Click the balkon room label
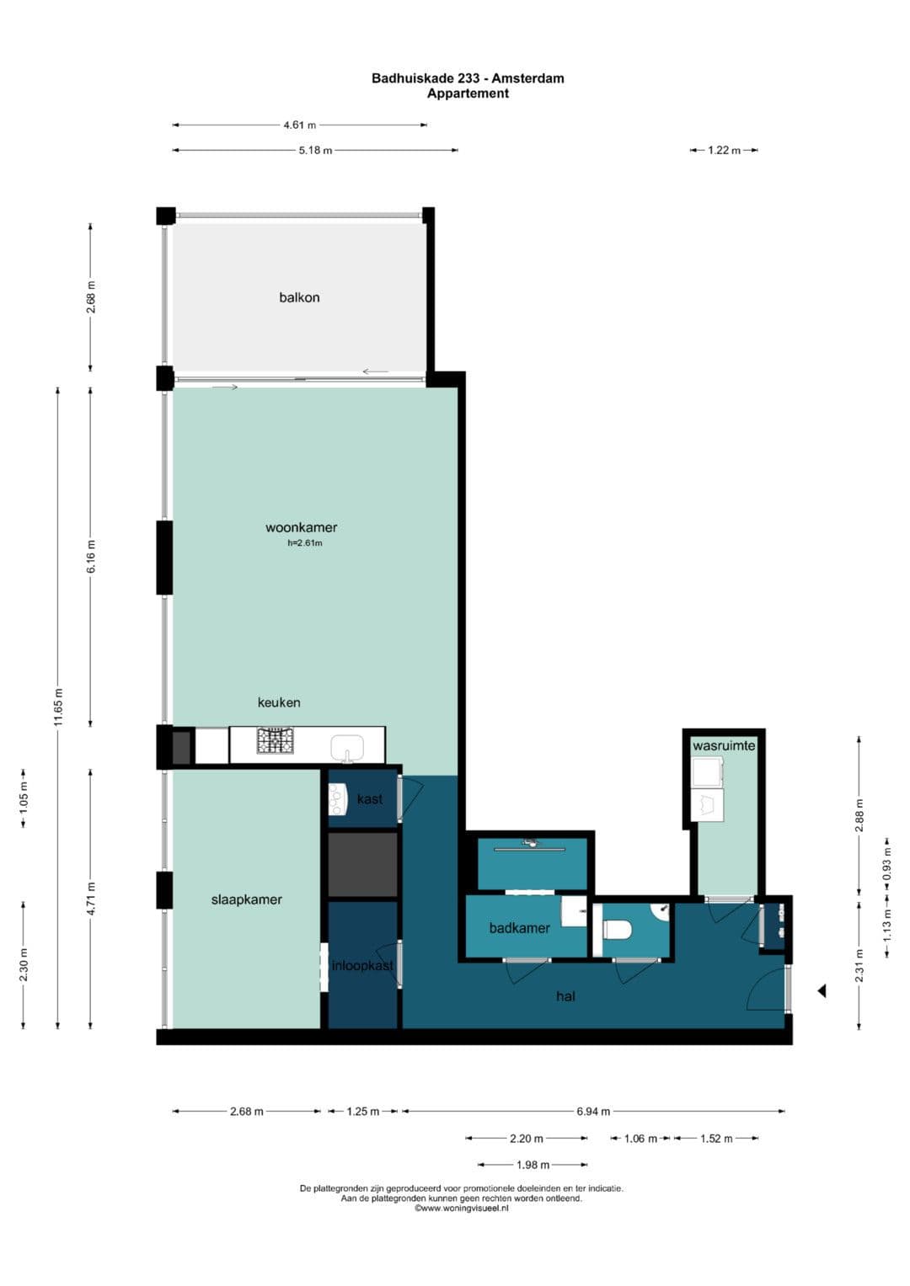click(299, 297)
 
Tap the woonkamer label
click(301, 527)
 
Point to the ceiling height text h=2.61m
click(304, 542)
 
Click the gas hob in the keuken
click(275, 740)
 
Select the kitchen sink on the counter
click(347, 748)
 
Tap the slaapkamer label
click(246, 899)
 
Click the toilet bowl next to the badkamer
click(617, 929)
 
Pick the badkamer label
click(519, 928)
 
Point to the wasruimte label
click(723, 746)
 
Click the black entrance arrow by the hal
click(822, 990)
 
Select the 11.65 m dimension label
click(59, 707)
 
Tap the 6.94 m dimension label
click(593, 1112)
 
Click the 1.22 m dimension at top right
click(724, 151)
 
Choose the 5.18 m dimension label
click(315, 151)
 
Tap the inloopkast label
click(362, 966)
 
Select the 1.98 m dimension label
click(533, 1165)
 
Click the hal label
click(565, 996)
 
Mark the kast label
click(369, 798)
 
